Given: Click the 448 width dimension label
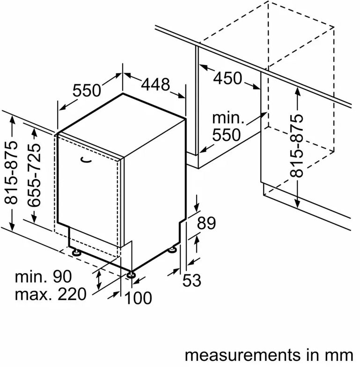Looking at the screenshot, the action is tap(155, 85).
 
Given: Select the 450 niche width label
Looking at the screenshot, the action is tap(228, 78).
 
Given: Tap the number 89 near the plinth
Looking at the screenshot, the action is tap(206, 223).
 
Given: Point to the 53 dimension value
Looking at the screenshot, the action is tap(192, 280).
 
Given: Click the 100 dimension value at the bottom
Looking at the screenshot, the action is tap(138, 298).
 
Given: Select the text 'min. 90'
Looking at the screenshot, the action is tap(44, 276).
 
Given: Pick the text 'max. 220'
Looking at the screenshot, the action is tap(51, 294).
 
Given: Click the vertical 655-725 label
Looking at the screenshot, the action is tap(34, 175).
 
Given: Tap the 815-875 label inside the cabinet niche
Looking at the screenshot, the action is tap(296, 145).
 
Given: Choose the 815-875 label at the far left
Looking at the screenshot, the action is tap(11, 172).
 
